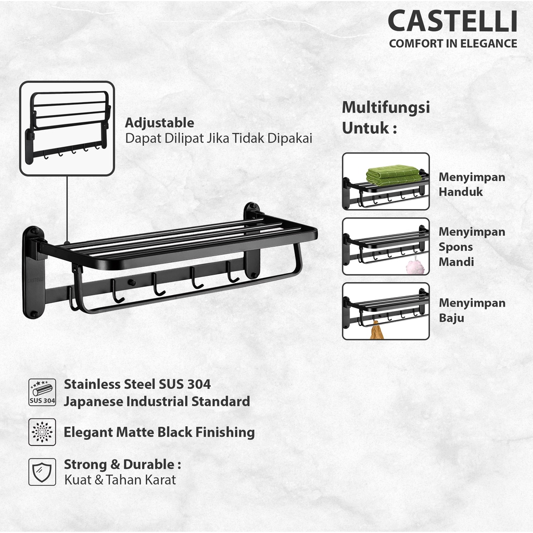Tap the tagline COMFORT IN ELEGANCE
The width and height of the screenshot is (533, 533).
453,44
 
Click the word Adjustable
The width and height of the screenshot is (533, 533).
159,123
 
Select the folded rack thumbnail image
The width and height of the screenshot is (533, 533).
67,128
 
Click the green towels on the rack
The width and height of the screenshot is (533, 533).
392,175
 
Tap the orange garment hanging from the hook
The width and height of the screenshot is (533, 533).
376,329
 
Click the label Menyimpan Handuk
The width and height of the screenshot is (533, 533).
472,184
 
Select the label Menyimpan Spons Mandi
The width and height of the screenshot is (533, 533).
472,247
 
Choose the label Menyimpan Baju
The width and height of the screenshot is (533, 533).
472,310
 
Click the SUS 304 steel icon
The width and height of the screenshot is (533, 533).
42,392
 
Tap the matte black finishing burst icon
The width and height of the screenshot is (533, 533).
42,432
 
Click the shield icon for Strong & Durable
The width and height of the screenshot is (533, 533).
42,471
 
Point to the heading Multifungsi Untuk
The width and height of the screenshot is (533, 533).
385,118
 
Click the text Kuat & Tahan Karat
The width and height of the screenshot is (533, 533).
120,479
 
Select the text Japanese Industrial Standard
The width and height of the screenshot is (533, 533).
157,401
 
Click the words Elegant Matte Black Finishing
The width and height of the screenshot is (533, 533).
159,432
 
